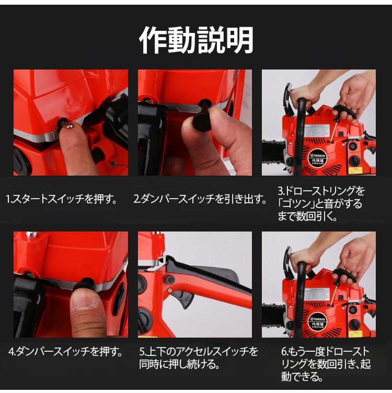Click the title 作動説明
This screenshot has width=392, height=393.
196,40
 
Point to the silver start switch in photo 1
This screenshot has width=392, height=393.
67,125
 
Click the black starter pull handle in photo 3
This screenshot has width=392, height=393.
344,112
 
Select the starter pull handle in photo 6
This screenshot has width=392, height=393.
344,275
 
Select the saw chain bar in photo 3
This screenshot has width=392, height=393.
273,153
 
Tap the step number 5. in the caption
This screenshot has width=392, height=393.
143,352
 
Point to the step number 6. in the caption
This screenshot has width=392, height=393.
285,352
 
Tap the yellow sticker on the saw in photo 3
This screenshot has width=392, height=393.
355,170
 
